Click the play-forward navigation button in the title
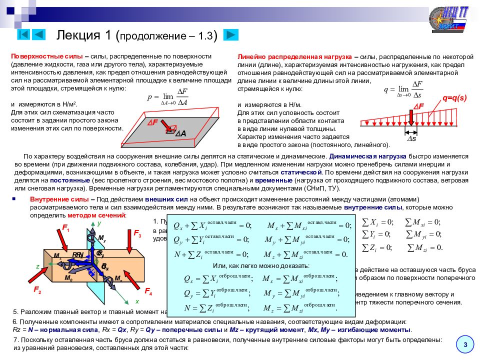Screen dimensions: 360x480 (230, 34)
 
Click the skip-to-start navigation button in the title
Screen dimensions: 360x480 (23, 34)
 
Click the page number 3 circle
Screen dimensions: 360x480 (465, 344)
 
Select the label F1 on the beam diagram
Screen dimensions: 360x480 (65, 229)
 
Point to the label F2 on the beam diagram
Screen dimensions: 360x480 (37, 289)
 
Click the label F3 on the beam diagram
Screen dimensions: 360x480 (137, 234)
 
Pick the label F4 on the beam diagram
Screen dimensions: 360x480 (148, 290)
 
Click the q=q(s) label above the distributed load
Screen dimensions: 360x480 (451, 98)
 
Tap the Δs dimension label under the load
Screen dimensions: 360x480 (410, 138)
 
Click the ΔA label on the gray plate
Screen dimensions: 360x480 (180, 133)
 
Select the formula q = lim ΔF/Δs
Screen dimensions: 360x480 (403, 90)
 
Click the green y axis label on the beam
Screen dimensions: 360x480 (99, 223)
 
